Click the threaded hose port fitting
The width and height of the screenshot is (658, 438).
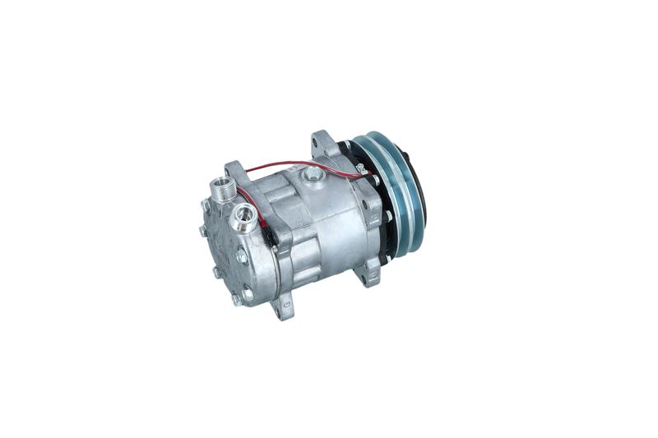223,190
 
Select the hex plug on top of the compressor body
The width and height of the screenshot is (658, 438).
313,174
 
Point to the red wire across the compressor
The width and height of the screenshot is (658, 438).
296,164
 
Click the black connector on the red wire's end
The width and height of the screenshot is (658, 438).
270,237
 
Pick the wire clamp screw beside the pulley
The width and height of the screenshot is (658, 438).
360,169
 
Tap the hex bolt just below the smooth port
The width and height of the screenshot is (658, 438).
242,256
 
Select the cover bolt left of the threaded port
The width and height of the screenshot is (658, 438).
205,205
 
